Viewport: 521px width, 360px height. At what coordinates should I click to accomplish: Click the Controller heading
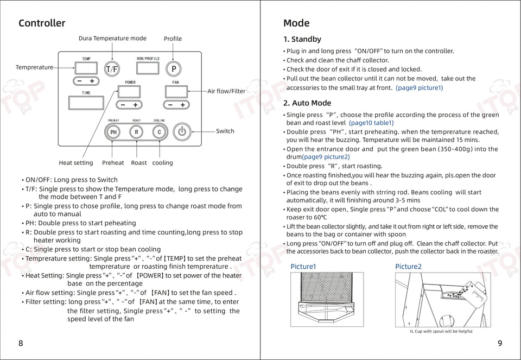[x=42, y=23]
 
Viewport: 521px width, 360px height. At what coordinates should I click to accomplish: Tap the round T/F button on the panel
[x=112, y=69]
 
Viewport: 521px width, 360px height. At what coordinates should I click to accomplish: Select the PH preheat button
[x=113, y=132]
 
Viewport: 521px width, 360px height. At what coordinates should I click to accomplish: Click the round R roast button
[x=136, y=132]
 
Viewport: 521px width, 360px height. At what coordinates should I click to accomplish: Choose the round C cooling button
[x=159, y=132]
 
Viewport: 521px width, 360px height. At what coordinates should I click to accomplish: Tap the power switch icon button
[x=182, y=131]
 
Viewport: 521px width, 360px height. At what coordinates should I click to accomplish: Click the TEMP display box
[x=86, y=68]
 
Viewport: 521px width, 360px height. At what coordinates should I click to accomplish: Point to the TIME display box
[x=86, y=103]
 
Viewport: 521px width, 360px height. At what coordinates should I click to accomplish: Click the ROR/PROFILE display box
[x=148, y=68]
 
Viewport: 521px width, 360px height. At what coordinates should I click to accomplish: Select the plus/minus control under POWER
[x=129, y=105]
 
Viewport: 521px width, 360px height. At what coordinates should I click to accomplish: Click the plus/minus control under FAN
[x=176, y=105]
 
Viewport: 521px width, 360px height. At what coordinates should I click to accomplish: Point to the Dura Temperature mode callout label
[x=112, y=39]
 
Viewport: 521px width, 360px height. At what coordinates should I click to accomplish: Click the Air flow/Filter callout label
[x=226, y=91]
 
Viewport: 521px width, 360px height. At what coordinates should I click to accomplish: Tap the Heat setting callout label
[x=76, y=163]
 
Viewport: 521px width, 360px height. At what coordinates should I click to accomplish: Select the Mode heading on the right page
[x=296, y=23]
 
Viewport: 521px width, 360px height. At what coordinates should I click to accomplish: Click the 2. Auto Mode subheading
[x=307, y=103]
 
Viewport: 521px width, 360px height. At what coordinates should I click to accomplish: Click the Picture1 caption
[x=303, y=267]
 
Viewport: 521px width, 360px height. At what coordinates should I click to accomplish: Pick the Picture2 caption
[x=408, y=267]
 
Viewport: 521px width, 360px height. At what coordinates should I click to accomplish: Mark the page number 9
[x=500, y=343]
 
